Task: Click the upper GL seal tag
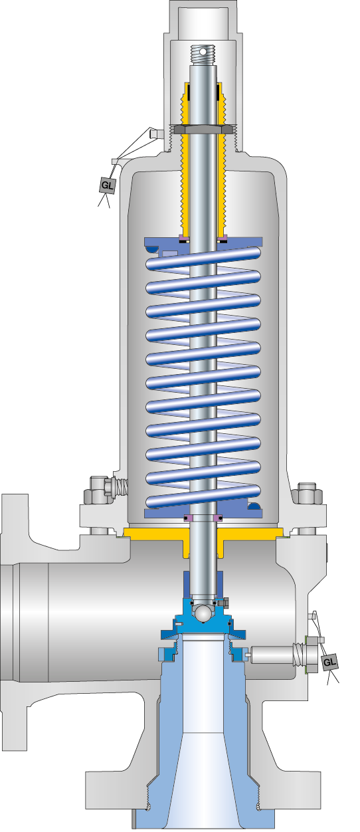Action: pyautogui.click(x=107, y=185)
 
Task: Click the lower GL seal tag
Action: pyautogui.click(x=329, y=663)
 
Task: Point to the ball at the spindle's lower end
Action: pyautogui.click(x=202, y=610)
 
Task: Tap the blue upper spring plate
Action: pyautogui.click(x=204, y=244)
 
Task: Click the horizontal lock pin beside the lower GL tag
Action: pyautogui.click(x=272, y=654)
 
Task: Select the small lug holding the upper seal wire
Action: pyautogui.click(x=153, y=134)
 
